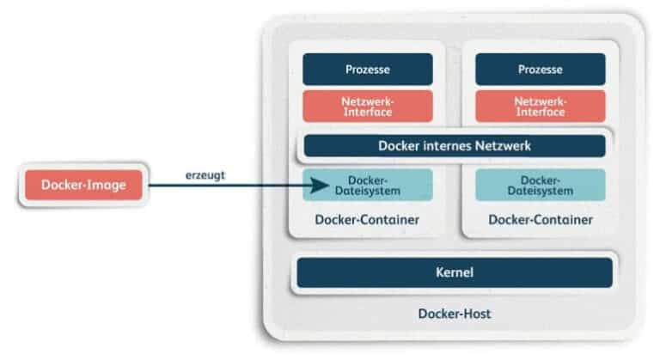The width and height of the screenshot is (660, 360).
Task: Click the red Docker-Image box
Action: [82, 185]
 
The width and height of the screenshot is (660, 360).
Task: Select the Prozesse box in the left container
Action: [367, 69]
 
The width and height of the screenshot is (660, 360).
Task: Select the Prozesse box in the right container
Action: [540, 69]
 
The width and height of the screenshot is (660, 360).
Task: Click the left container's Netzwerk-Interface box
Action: [367, 106]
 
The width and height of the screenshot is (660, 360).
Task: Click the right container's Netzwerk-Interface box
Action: [540, 106]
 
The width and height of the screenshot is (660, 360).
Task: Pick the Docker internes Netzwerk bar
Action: [454, 145]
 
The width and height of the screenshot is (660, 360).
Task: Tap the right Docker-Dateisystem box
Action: [540, 185]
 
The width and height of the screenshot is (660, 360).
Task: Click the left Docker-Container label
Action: [367, 220]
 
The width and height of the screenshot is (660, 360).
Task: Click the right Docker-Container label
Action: [540, 220]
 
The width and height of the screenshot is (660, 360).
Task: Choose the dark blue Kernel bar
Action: [454, 272]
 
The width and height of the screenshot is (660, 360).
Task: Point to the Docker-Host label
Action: [454, 314]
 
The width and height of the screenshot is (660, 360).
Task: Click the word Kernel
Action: [455, 272]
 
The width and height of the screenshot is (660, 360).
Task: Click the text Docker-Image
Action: [82, 185]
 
